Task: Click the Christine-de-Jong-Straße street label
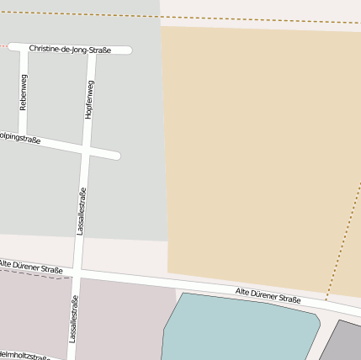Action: click(x=70, y=50)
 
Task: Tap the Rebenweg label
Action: click(x=24, y=93)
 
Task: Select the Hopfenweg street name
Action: click(x=88, y=100)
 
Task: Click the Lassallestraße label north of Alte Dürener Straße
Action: click(x=82, y=211)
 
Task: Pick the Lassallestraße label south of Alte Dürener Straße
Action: click(x=73, y=321)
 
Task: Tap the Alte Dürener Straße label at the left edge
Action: click(x=31, y=267)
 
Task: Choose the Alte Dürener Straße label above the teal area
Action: click(x=268, y=295)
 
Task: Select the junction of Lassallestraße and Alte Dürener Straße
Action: click(x=77, y=274)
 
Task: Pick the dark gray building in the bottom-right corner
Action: click(x=343, y=343)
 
